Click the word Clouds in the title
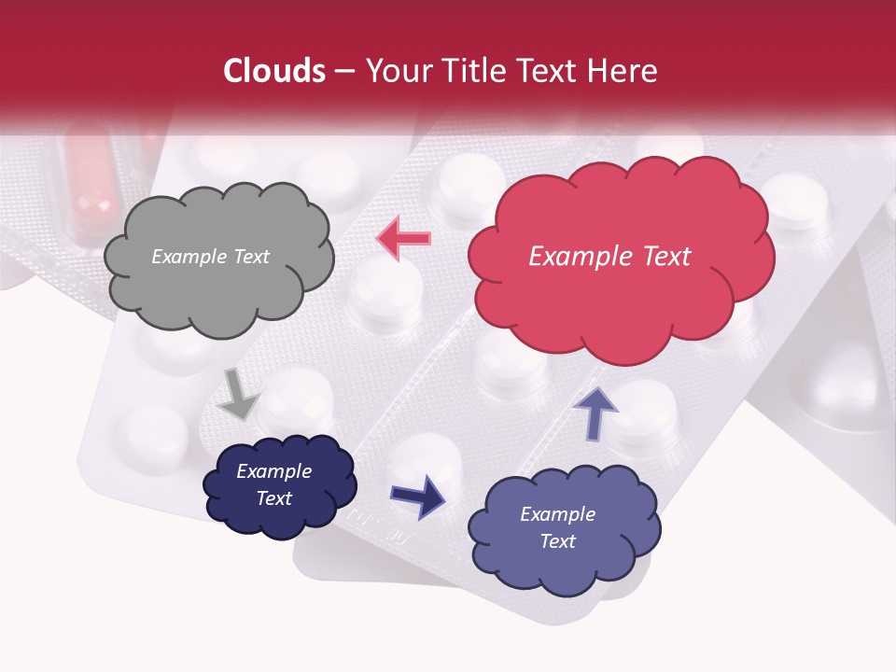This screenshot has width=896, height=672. (274, 71)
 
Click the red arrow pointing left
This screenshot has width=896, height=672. (404, 238)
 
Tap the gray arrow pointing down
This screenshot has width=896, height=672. (239, 393)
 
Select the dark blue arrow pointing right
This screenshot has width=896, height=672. (417, 496)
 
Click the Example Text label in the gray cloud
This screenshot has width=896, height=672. (210, 257)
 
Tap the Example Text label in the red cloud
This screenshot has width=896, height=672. (609, 257)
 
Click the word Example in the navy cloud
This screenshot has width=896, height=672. (273, 471)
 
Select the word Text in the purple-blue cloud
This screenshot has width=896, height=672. (557, 541)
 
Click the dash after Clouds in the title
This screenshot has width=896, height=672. (343, 71)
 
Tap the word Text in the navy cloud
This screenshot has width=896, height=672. (273, 498)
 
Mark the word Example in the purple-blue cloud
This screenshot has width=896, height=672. (557, 514)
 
